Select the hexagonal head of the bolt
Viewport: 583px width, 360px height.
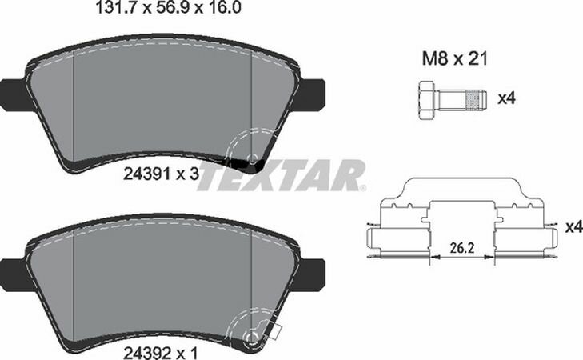pos(425,100)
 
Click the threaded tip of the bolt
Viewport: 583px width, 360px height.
pos(477,100)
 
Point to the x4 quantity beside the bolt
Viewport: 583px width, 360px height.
pos(505,99)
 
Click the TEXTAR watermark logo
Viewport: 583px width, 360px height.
pos(280,175)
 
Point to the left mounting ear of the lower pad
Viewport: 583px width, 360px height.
pos(13,270)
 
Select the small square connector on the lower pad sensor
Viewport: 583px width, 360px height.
pos(278,329)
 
